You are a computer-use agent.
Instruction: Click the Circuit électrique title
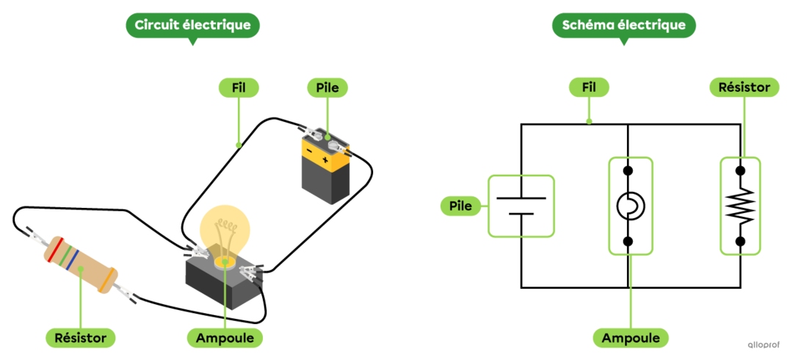pos(192,26)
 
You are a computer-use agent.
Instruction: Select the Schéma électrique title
pos(623,26)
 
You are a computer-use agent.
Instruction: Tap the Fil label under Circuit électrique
pos(238,87)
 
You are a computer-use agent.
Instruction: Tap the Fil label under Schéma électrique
pos(588,87)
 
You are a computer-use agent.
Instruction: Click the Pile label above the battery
pos(327,87)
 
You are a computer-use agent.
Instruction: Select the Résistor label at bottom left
pos(81,338)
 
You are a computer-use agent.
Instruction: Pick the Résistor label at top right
pos(744,87)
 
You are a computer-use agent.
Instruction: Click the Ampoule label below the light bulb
pos(225,338)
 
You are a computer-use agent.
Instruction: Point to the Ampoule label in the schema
pos(631,338)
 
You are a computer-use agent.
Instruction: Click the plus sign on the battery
pos(325,159)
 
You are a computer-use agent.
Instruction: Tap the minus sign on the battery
pos(309,152)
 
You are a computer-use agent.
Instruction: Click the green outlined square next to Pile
pos(521,206)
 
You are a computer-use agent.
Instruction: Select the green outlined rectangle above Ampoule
pos(630,206)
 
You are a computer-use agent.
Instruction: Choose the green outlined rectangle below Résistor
pos(740,206)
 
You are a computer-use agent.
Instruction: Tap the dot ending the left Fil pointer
pos(237,145)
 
